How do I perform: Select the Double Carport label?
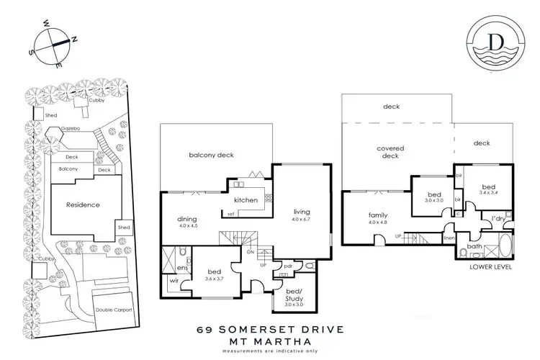[x=114, y=310]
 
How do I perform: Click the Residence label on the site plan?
[x=84, y=204]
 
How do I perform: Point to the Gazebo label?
[x=70, y=126]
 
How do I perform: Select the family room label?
[x=358, y=216]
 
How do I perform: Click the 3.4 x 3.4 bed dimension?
[x=494, y=192]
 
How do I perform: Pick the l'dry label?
[x=497, y=217]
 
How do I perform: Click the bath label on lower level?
[x=474, y=246]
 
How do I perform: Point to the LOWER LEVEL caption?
[x=490, y=266]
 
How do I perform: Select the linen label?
[x=449, y=238]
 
